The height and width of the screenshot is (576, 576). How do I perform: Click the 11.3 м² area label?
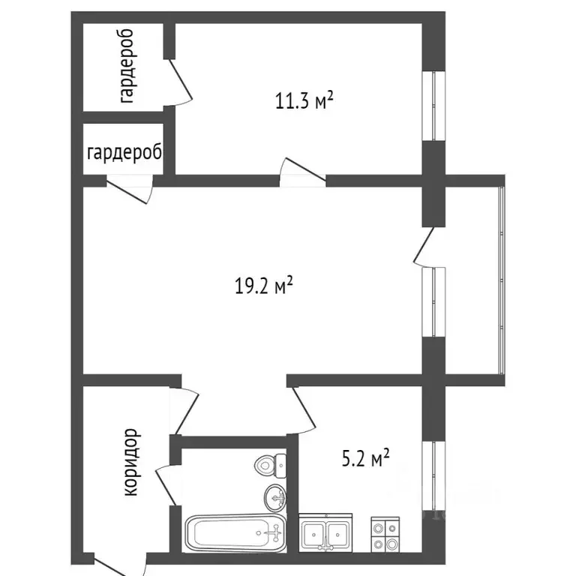303,101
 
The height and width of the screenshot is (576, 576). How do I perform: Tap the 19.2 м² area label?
262,285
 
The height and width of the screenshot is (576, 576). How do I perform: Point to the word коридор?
132,462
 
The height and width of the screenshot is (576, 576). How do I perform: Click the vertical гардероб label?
126,66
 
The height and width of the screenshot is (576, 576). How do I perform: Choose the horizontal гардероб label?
124,153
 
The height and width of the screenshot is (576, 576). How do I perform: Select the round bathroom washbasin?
275,496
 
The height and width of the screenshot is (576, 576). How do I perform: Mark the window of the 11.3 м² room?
433,105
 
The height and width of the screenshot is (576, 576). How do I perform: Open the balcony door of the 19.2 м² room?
424,247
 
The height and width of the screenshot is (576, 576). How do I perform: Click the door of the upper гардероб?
180,82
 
